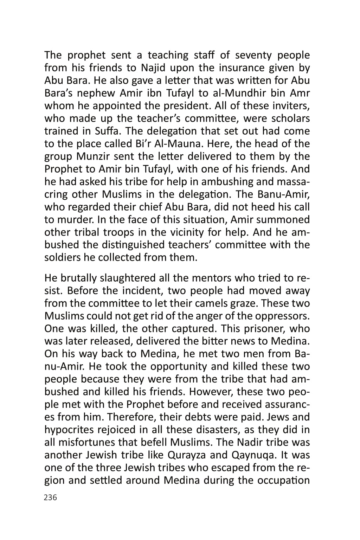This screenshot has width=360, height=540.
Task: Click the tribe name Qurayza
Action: [185, 455]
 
